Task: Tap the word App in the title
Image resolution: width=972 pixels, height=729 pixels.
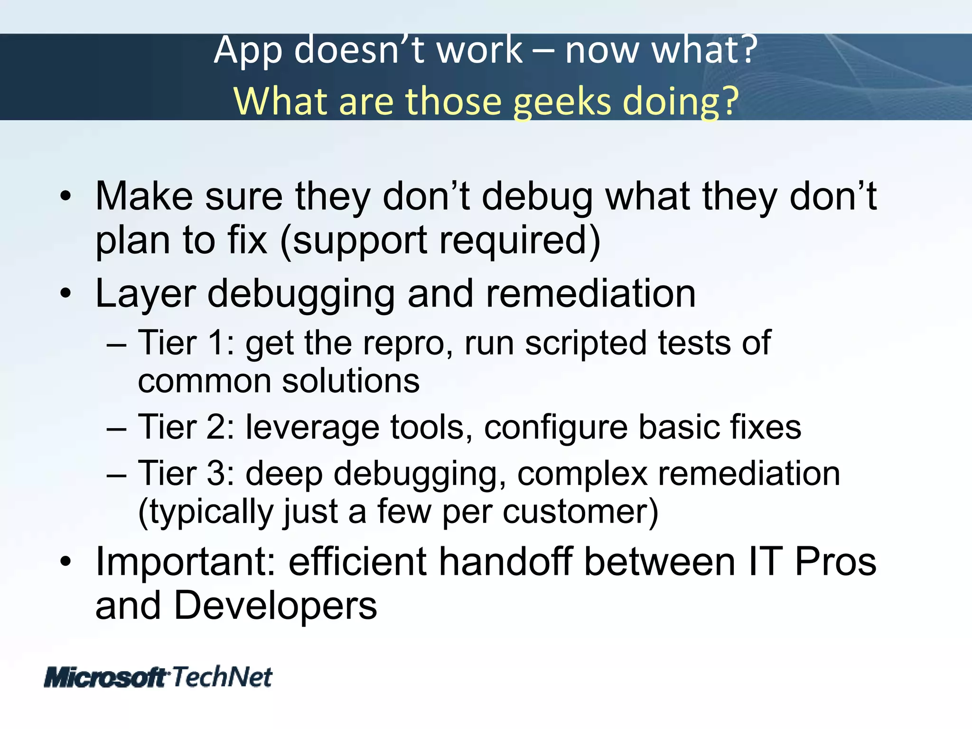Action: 248,51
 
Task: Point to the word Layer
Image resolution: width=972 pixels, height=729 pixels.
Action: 145,294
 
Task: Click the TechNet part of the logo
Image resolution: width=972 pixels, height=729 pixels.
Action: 222,677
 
